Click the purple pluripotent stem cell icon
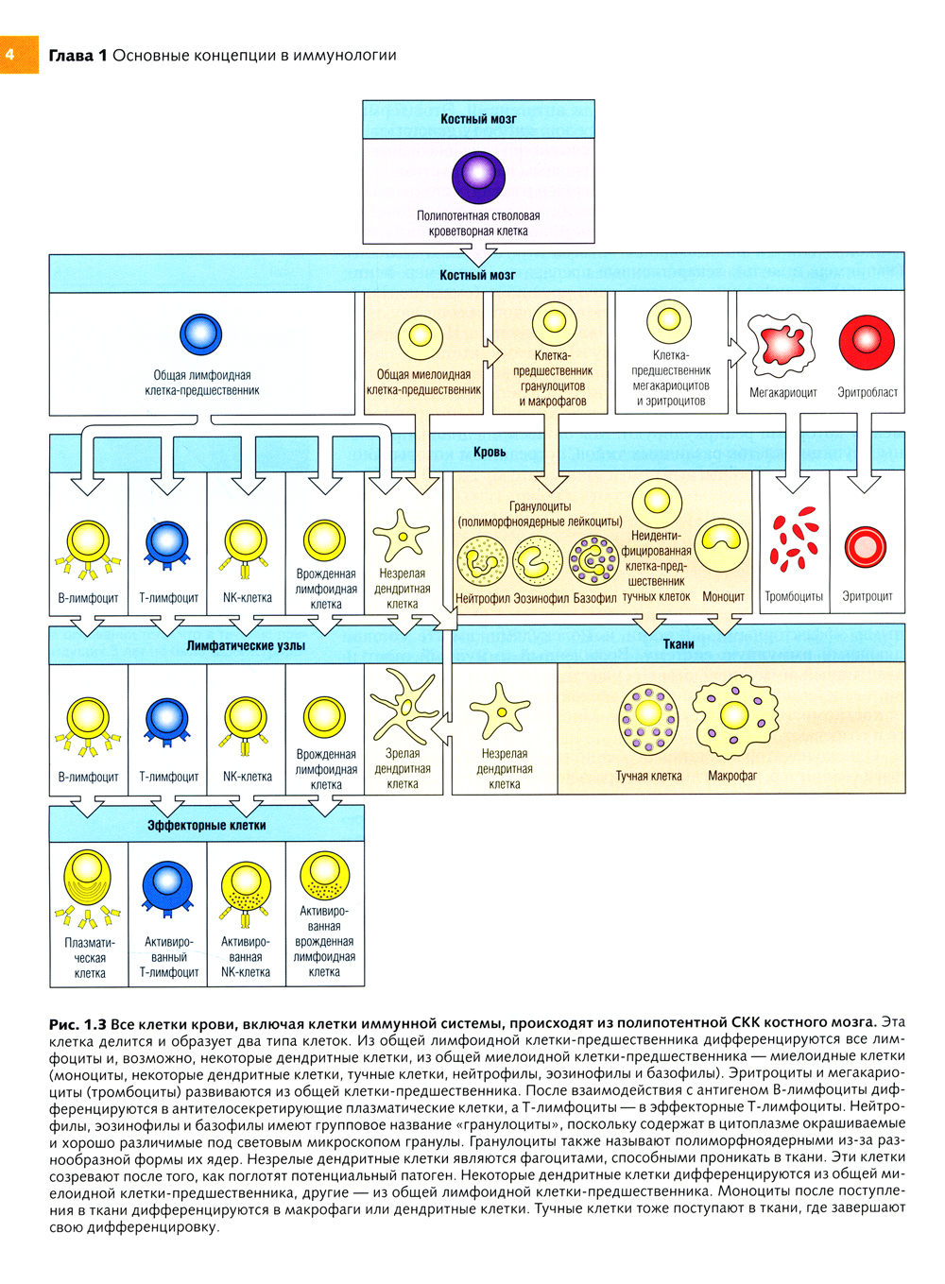[x=478, y=178]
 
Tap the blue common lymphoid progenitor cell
[x=200, y=334]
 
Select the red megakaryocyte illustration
[x=782, y=343]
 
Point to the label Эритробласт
[x=867, y=392]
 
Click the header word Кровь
[x=490, y=452]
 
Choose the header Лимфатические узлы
[x=246, y=645]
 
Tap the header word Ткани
[x=678, y=644]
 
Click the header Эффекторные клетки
[x=206, y=825]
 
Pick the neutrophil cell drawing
[x=482, y=561]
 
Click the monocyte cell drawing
[x=723, y=545]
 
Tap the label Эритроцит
[x=867, y=596]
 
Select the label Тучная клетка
[x=648, y=776]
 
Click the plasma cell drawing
[x=88, y=879]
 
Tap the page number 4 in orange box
[x=10, y=55]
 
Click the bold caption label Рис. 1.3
[x=77, y=1023]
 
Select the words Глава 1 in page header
[x=77, y=55]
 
